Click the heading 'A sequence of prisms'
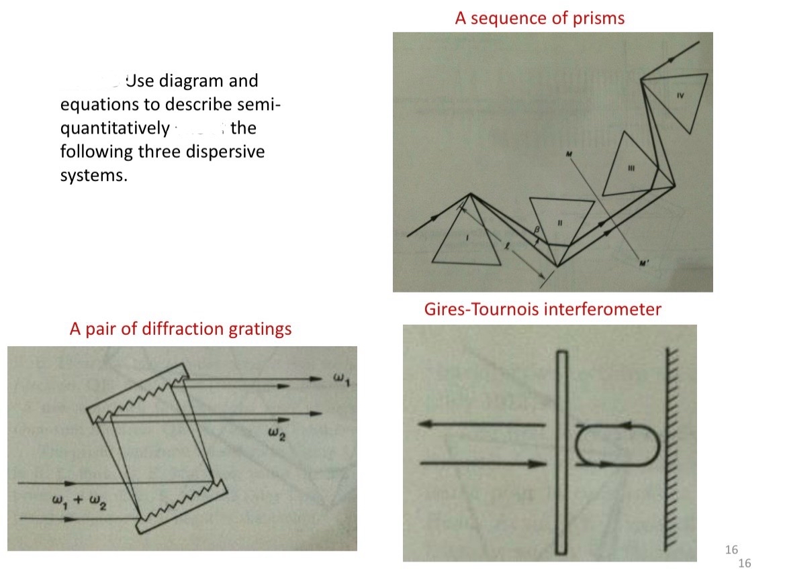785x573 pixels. [539, 18]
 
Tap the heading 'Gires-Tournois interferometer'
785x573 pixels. [543, 309]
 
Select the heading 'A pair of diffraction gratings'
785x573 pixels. [181, 329]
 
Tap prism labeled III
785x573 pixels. [629, 166]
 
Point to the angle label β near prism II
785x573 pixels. [536, 230]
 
